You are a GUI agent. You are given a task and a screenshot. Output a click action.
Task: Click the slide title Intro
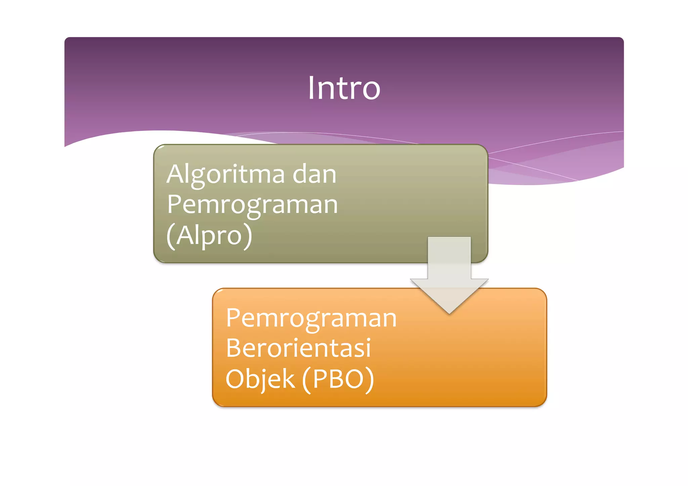344,88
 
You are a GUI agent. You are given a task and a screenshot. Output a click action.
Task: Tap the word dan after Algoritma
314,174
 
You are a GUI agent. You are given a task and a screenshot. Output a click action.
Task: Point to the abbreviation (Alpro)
209,235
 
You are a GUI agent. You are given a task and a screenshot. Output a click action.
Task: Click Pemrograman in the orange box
311,318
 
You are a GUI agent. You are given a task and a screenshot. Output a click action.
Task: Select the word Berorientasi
298,348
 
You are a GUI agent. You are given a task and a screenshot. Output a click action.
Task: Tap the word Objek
260,379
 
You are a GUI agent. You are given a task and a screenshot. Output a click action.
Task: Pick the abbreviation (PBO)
338,379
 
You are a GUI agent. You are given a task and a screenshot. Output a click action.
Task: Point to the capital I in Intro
311,88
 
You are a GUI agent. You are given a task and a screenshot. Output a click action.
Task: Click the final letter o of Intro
372,90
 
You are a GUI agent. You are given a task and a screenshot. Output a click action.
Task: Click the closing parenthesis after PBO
369,380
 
